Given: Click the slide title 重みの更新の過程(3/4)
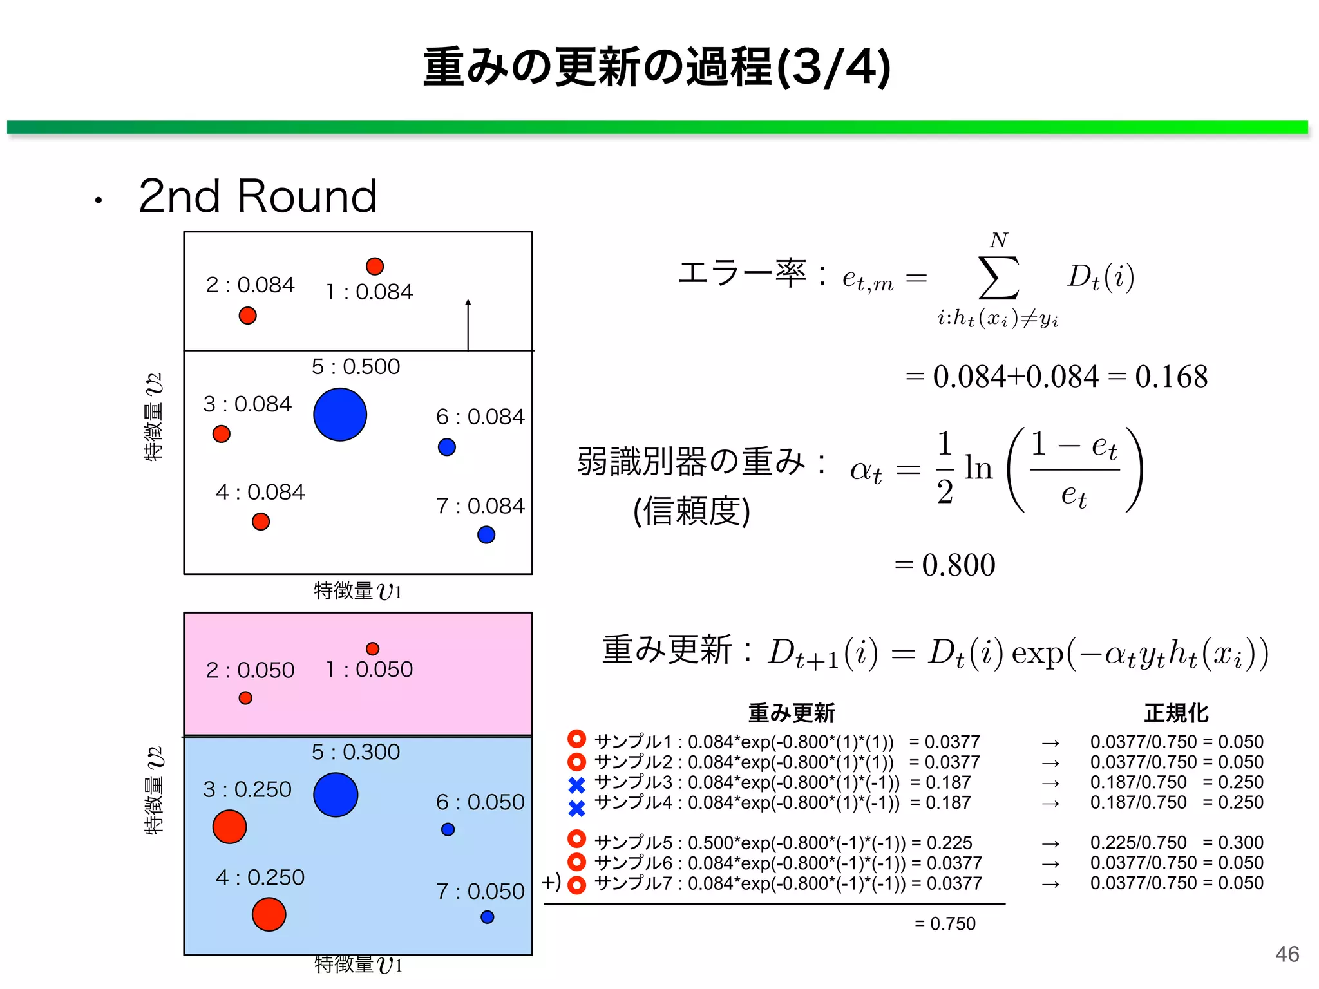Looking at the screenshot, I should click(x=657, y=67).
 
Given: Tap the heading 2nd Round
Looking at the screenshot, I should click(x=258, y=196).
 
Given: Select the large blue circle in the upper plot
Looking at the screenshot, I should click(x=340, y=415).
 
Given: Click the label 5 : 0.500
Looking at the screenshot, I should click(x=356, y=366).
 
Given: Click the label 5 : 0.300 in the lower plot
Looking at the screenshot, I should click(x=356, y=751).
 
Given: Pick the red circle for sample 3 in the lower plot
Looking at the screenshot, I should click(x=229, y=827).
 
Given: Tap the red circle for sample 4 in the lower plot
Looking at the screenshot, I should click(x=269, y=914).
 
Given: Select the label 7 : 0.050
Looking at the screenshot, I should click(x=480, y=891).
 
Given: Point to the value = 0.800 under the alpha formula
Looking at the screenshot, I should click(x=945, y=565).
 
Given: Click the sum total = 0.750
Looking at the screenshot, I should click(x=945, y=923).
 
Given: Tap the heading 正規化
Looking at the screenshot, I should click(x=1176, y=713).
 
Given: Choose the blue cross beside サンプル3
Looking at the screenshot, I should click(x=577, y=785).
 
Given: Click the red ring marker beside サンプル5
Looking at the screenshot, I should click(x=577, y=839).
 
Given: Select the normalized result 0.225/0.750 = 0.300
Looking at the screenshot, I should click(x=1177, y=842).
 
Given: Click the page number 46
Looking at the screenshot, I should click(x=1287, y=954).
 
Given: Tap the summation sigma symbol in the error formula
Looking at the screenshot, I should click(x=998, y=278).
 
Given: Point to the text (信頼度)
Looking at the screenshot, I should click(x=692, y=511).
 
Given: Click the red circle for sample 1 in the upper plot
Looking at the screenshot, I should click(x=375, y=266).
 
